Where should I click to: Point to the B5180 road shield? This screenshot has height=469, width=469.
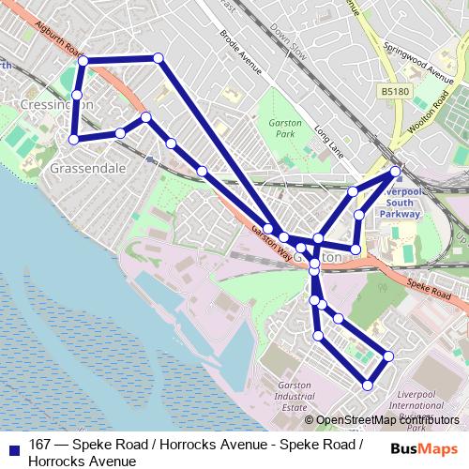394,91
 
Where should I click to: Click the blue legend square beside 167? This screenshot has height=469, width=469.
14,444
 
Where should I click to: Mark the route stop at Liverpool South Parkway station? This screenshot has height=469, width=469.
396,171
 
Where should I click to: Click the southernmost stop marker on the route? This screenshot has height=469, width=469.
369,385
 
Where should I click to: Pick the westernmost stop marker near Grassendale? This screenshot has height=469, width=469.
74,140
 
